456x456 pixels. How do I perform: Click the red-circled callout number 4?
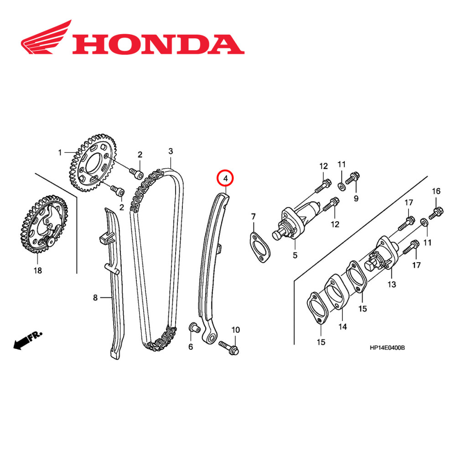[226, 179]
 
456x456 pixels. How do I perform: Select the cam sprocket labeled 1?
[93, 162]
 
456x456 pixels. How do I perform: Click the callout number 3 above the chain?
[171, 151]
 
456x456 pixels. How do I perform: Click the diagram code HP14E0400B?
[387, 348]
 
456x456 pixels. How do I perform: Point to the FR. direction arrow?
[27, 340]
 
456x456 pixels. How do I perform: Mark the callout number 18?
[37, 270]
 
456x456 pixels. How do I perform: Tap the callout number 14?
[342, 326]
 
